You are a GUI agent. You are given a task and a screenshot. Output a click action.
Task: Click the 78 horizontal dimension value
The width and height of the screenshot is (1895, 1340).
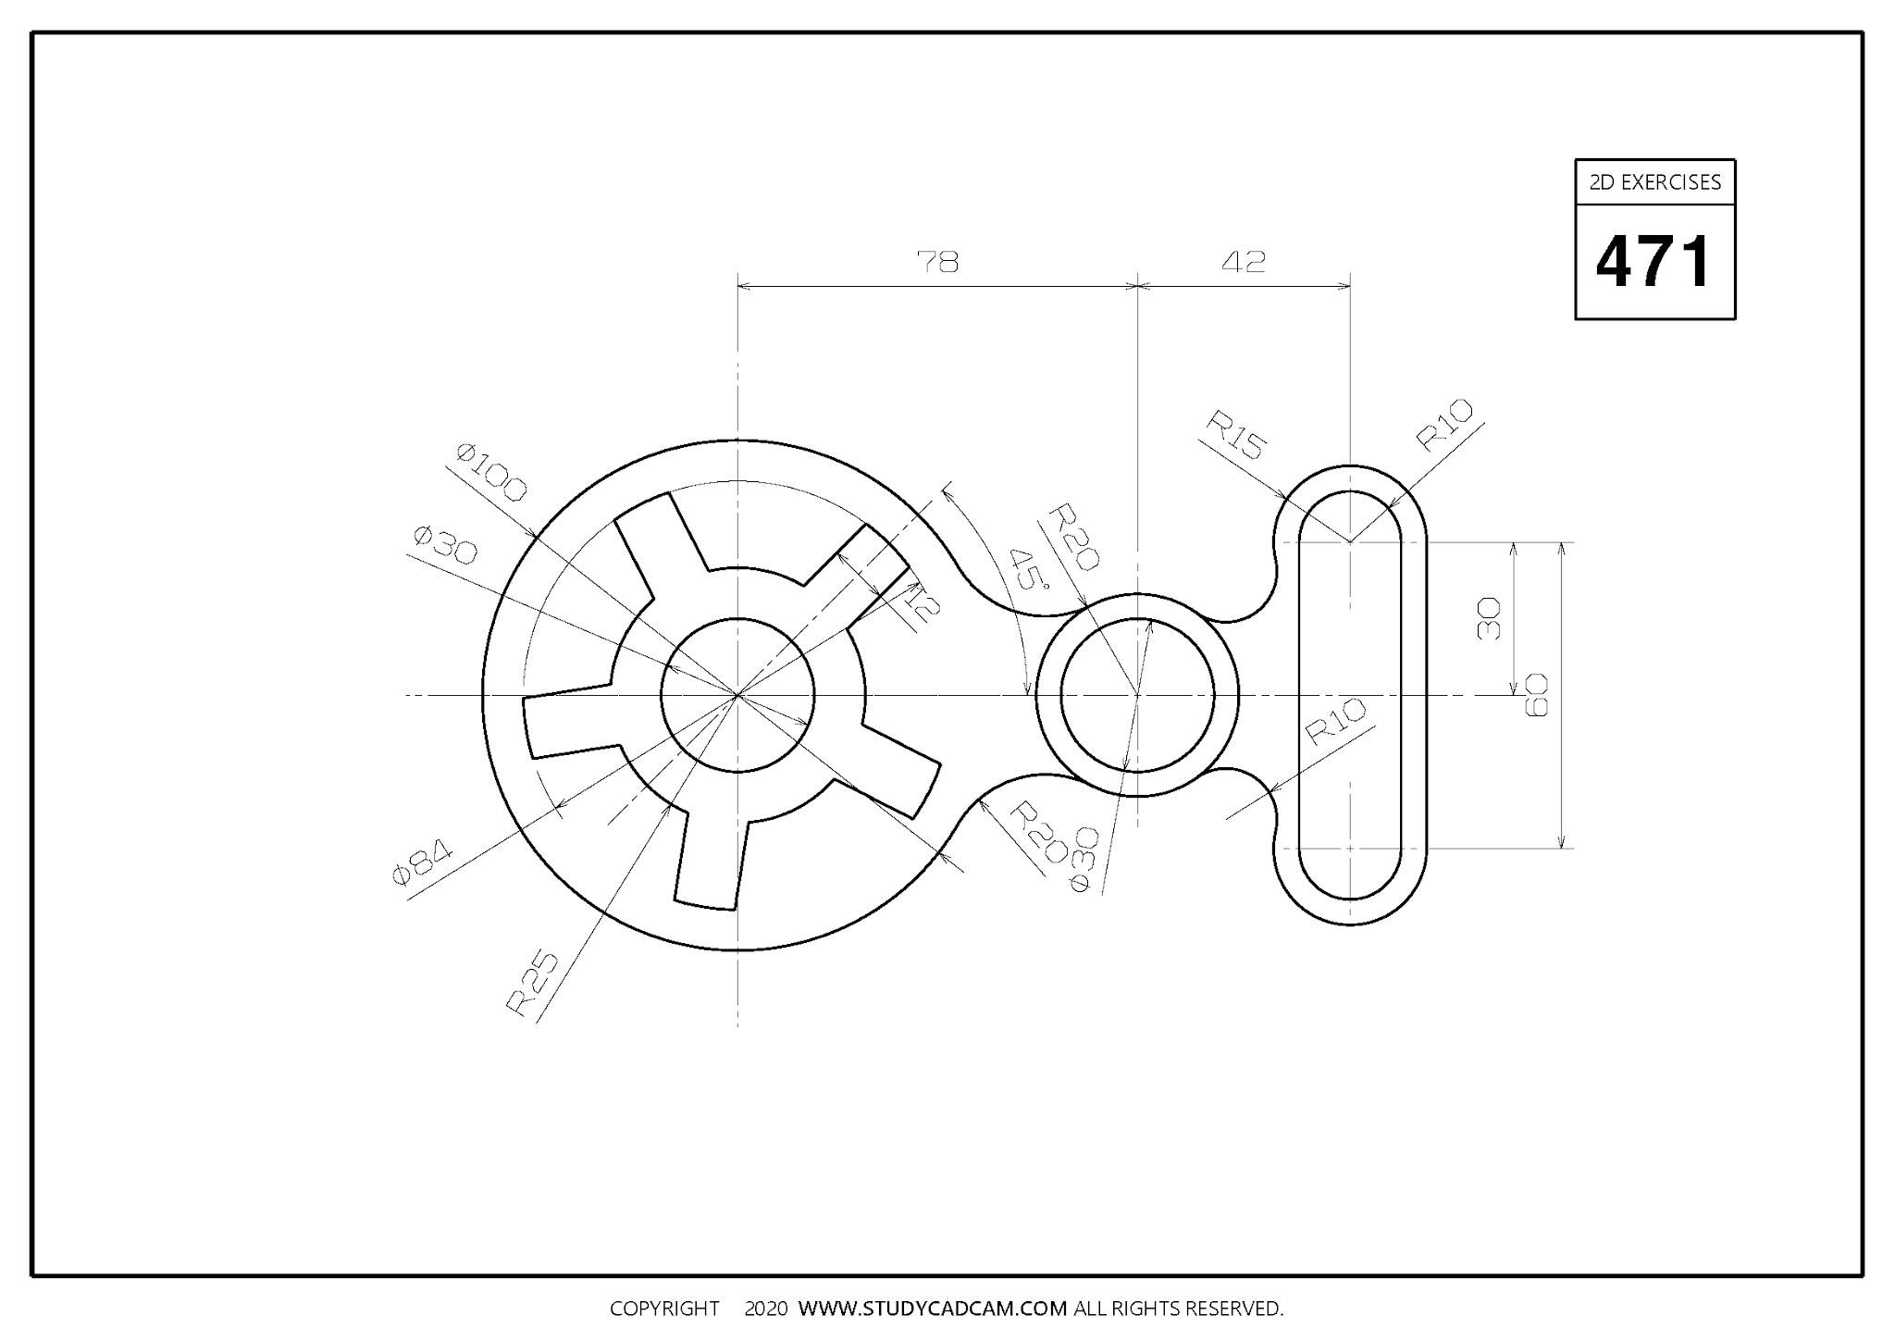pos(937,263)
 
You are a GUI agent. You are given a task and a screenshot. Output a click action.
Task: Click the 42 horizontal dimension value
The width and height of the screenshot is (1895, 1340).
pos(1243,263)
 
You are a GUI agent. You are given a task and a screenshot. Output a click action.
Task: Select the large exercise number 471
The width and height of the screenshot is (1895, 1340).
pos(1654,262)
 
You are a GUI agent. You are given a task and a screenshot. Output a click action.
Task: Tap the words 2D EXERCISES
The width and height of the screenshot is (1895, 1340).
pos(1654,182)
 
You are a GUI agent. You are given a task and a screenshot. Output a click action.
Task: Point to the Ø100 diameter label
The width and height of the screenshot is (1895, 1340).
pos(491,472)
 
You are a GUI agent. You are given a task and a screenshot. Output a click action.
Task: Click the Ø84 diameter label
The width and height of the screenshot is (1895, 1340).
pos(422,862)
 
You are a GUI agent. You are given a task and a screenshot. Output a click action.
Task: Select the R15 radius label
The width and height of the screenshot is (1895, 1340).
pos(1235,435)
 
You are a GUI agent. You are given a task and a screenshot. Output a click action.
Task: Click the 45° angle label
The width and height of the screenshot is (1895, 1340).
pos(1028,569)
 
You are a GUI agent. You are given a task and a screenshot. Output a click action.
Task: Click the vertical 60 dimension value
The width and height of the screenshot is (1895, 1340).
pos(1535,694)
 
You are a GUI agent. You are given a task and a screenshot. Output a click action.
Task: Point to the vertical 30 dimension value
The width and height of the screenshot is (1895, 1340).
pos(1488,618)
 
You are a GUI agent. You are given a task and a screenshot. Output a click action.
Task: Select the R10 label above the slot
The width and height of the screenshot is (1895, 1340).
pos(1444,425)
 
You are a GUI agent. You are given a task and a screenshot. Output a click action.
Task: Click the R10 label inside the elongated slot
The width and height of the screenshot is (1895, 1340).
pos(1335,722)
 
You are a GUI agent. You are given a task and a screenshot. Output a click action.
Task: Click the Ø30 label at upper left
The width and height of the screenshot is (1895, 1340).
pos(445,545)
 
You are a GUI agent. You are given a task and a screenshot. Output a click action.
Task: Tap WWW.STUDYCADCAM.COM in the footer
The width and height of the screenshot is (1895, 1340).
pos(932,1309)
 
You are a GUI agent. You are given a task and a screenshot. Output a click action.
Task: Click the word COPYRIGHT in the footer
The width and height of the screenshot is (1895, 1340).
pos(663,1309)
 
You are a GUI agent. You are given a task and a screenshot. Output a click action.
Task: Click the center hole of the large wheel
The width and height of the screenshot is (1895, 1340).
pos(737,694)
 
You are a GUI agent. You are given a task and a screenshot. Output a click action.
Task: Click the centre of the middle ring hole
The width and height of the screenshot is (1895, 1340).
pos(1137,694)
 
